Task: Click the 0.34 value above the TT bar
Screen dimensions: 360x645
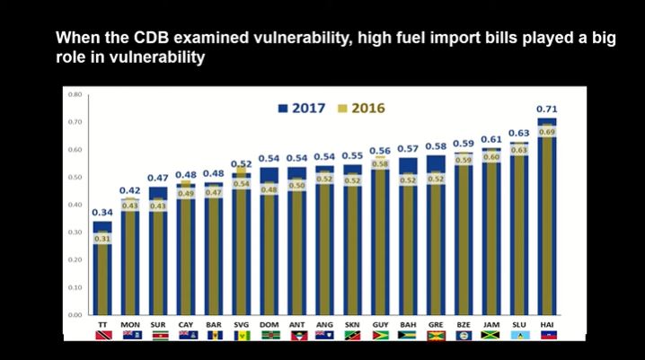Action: click(102, 212)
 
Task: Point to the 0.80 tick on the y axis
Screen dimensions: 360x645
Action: click(75, 94)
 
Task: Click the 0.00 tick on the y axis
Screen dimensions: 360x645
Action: click(75, 315)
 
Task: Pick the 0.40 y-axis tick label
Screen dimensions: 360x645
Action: click(75, 205)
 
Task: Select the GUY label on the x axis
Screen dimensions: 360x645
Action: click(380, 323)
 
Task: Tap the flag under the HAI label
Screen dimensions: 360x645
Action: click(547, 335)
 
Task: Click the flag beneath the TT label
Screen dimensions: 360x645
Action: click(102, 335)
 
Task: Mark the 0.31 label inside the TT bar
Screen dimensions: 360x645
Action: click(102, 239)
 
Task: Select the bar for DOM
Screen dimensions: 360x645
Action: click(269, 251)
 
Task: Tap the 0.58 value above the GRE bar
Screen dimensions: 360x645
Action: click(436, 145)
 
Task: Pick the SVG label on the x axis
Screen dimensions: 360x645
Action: click(241, 323)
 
